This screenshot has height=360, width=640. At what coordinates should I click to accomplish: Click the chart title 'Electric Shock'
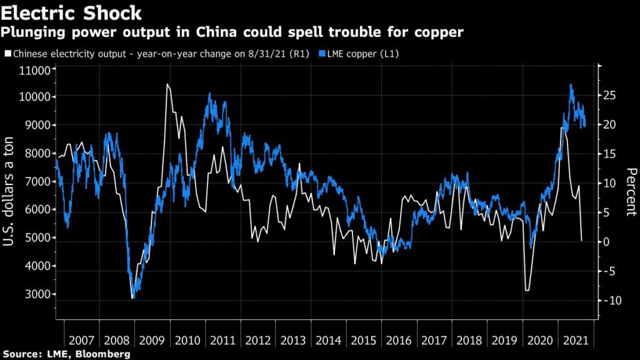coord(71,12)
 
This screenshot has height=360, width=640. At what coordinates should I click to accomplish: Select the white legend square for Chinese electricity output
coord(7,54)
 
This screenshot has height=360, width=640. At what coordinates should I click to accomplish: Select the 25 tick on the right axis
coord(610,95)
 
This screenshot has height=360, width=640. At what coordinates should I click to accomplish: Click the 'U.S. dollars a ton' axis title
coord(10,194)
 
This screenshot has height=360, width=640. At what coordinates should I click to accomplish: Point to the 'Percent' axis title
coord(631,191)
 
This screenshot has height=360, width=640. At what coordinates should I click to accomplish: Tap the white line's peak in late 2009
coord(167,84)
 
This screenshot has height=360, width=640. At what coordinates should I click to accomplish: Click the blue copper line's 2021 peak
coord(571,84)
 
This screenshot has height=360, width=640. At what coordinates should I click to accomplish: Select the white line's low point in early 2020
coord(527,290)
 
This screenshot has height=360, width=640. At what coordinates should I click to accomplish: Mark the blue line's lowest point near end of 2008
coord(132,298)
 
